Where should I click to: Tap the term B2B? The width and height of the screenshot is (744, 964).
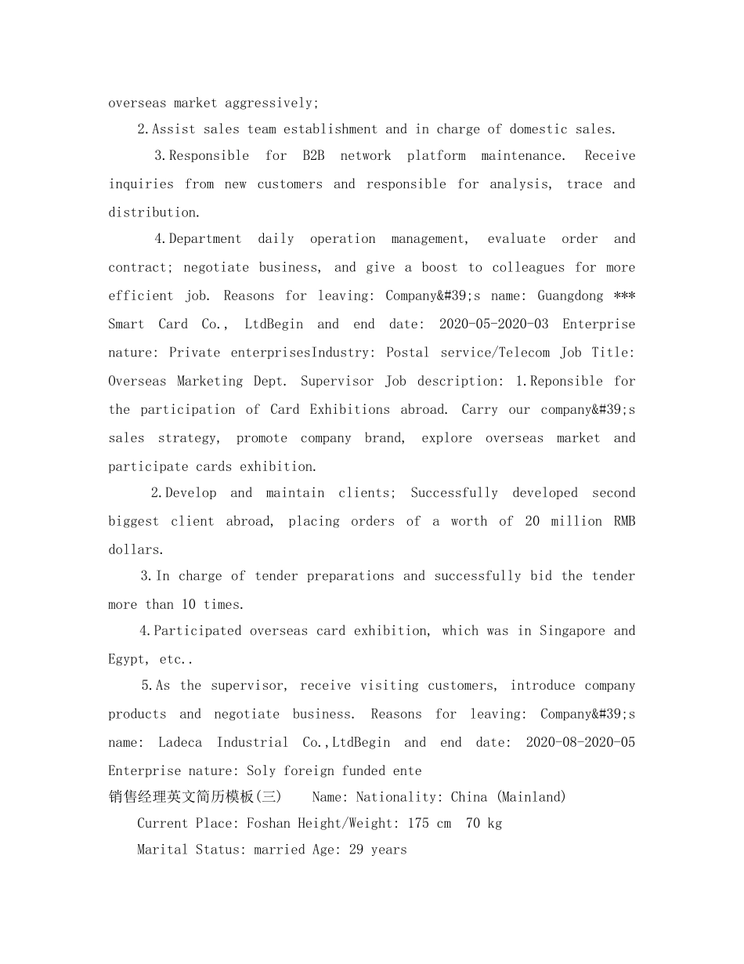pyautogui.click(x=313, y=155)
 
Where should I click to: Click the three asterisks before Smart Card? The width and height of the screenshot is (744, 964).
pyautogui.click(x=624, y=295)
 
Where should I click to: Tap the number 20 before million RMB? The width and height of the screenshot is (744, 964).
pyautogui.click(x=532, y=521)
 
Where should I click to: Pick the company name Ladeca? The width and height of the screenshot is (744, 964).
pyautogui.click(x=180, y=742)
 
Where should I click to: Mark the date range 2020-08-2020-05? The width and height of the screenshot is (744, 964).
pyautogui.click(x=580, y=742)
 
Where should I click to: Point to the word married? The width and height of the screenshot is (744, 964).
pyautogui.click(x=279, y=850)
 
